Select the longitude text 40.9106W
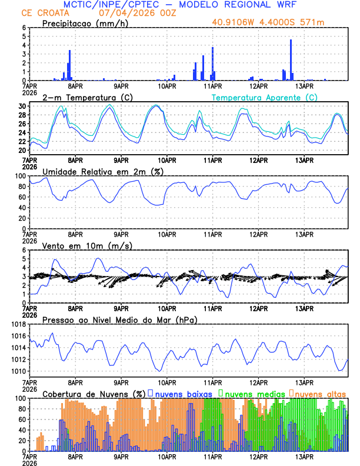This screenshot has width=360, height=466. (x=234, y=23)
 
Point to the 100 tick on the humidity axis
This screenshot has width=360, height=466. (x=20, y=176)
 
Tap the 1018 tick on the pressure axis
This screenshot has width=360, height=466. (x=18, y=324)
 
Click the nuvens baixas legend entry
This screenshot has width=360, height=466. (x=185, y=393)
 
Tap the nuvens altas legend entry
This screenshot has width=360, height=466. (x=320, y=393)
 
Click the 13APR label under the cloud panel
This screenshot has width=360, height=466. (x=304, y=457)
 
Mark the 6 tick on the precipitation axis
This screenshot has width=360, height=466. (x=24, y=28)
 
